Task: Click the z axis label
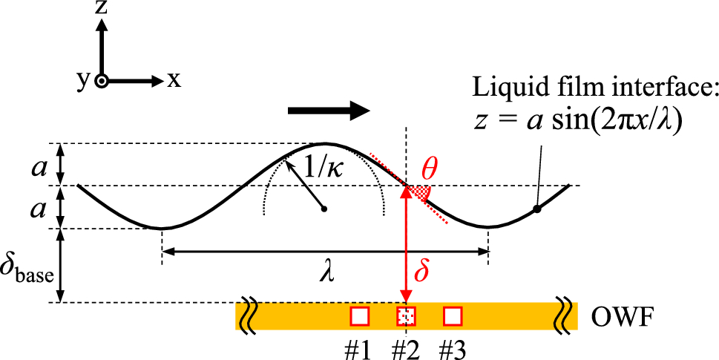pos(104,9)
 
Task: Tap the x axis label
pos(173,79)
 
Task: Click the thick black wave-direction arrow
pos(328,111)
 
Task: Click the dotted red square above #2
pos(406,316)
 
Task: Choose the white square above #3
pos(453,316)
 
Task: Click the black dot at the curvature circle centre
pos(324,209)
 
